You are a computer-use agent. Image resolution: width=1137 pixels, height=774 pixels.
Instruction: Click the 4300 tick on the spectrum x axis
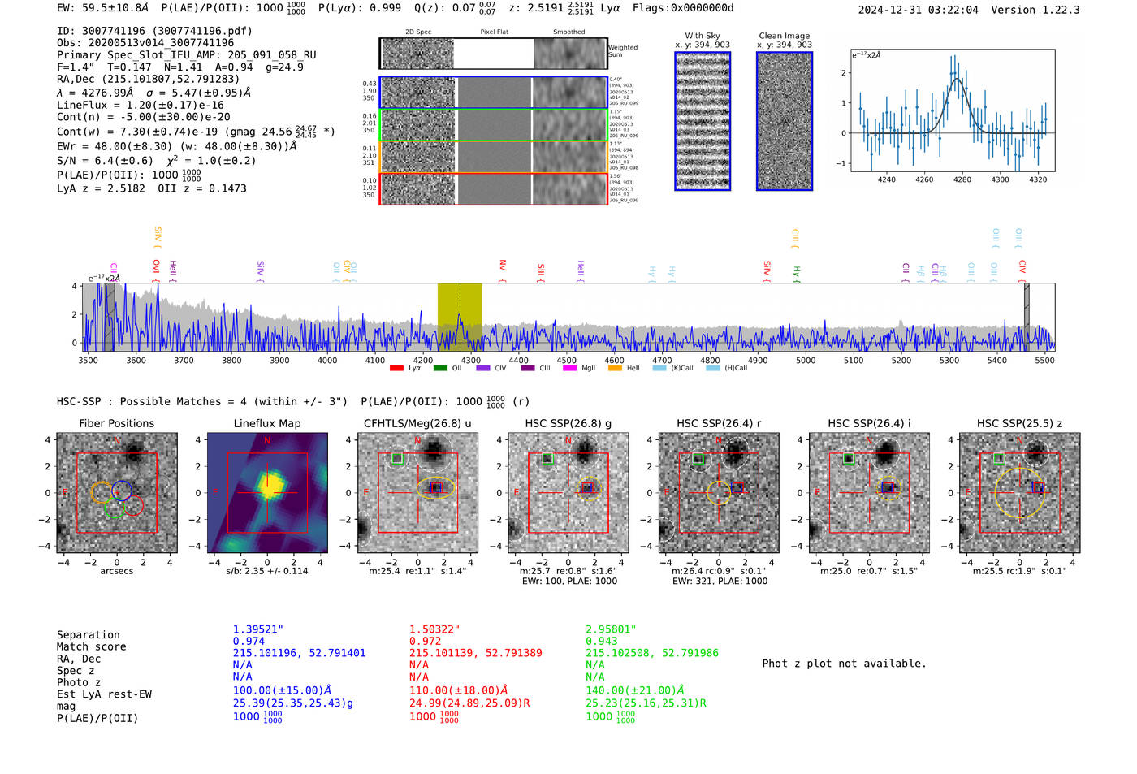(470, 360)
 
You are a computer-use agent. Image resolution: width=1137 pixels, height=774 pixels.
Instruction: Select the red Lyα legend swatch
(396, 369)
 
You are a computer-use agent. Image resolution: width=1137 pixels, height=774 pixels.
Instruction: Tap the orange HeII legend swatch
(615, 369)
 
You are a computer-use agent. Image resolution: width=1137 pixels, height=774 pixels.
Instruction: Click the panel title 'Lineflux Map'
(266, 423)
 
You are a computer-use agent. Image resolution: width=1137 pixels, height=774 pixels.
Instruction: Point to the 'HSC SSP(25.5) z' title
(1019, 423)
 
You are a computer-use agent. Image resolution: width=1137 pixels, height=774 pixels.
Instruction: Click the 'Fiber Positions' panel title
(116, 423)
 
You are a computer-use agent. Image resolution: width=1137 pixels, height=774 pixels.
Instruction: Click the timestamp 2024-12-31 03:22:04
(918, 10)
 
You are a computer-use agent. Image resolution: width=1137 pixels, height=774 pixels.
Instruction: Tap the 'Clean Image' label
(784, 36)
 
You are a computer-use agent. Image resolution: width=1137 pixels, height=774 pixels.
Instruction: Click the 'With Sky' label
(703, 36)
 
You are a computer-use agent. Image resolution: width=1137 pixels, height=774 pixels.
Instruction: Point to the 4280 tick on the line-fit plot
(962, 179)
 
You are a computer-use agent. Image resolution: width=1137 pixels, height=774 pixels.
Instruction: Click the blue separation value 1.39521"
(257, 629)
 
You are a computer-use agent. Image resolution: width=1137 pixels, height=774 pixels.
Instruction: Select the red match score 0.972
(426, 642)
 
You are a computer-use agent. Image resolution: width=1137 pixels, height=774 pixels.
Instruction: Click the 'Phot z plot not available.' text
(844, 664)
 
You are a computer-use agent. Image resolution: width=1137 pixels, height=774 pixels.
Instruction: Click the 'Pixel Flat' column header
(494, 32)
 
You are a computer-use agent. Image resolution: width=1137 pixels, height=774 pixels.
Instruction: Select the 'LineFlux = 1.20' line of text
(141, 105)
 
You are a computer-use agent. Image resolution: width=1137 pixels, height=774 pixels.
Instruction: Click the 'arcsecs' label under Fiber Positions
(116, 571)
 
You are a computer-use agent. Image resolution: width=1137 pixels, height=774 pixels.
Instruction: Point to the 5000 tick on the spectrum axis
(805, 360)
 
